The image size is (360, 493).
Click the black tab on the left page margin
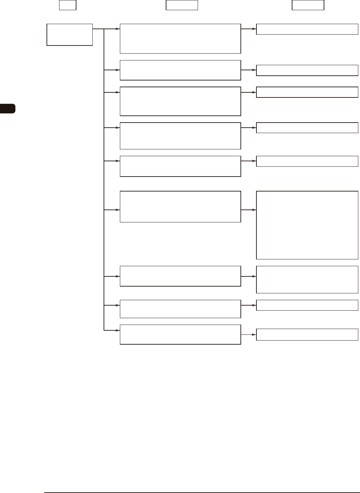7,109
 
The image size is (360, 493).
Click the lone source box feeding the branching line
70,35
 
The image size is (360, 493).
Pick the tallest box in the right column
307,225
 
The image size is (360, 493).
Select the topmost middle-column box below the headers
180,39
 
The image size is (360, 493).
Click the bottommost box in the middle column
180,334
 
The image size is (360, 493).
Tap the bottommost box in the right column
307,334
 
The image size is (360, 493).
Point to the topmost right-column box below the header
307,29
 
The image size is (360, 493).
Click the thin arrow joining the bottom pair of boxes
248,334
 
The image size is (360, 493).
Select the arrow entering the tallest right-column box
249,210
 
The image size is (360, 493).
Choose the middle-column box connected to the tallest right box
180,206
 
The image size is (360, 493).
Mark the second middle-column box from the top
180,70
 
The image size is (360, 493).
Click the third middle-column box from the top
180,101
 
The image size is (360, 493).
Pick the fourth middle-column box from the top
180,136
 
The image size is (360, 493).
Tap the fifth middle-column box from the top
180,166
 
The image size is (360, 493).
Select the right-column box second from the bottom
307,305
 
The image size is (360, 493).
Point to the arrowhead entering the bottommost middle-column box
118,330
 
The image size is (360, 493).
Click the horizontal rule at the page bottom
202,492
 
